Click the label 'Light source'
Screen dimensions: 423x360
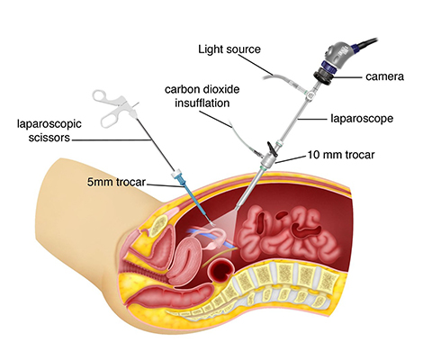[229, 49]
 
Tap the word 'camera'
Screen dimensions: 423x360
[384, 76]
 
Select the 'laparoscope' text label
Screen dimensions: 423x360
[362, 118]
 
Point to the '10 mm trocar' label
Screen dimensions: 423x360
[341, 155]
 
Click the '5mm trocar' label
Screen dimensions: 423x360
[116, 182]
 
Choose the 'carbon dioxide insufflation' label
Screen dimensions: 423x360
[202, 96]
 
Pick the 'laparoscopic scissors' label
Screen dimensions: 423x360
[49, 130]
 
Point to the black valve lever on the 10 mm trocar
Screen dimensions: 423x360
[272, 148]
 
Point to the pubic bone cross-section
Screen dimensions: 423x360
[159, 225]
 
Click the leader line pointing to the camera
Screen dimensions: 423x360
[347, 77]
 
